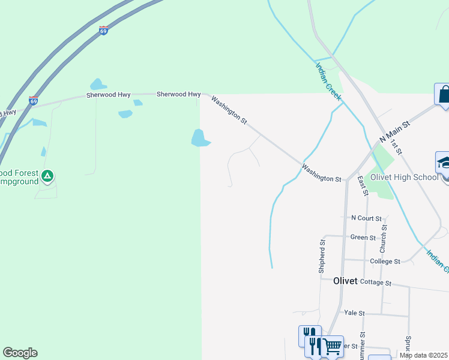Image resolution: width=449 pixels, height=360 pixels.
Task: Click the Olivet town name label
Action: (x=345, y=281)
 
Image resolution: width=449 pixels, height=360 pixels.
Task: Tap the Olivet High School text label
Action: (x=405, y=177)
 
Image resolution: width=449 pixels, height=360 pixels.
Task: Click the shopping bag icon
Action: (x=443, y=94)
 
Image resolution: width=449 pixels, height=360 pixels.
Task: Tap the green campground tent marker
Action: (x=48, y=176)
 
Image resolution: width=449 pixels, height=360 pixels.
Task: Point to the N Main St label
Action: (x=394, y=132)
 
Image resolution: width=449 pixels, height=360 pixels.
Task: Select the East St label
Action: (x=362, y=185)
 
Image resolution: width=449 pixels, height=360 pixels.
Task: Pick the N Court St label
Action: (x=366, y=218)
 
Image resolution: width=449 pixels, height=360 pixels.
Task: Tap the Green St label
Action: (x=363, y=238)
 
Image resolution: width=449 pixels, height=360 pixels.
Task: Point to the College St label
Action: (x=385, y=262)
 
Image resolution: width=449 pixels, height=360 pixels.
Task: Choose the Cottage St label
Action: (x=376, y=283)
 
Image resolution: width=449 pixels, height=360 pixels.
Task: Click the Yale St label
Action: (x=355, y=313)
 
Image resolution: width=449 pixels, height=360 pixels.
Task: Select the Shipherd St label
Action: (x=322, y=257)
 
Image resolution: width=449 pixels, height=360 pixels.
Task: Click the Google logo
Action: (x=20, y=353)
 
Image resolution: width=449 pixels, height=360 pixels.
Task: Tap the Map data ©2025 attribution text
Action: (x=424, y=355)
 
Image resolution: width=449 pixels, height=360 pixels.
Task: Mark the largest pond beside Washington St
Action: (x=199, y=139)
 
